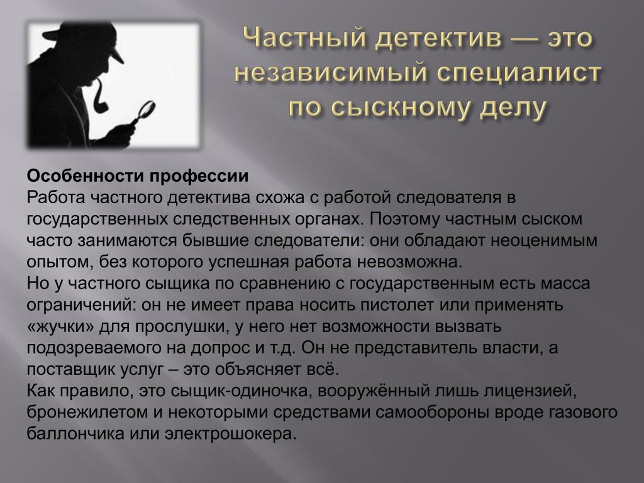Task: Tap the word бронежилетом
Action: click(88, 412)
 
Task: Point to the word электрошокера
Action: click(230, 434)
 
